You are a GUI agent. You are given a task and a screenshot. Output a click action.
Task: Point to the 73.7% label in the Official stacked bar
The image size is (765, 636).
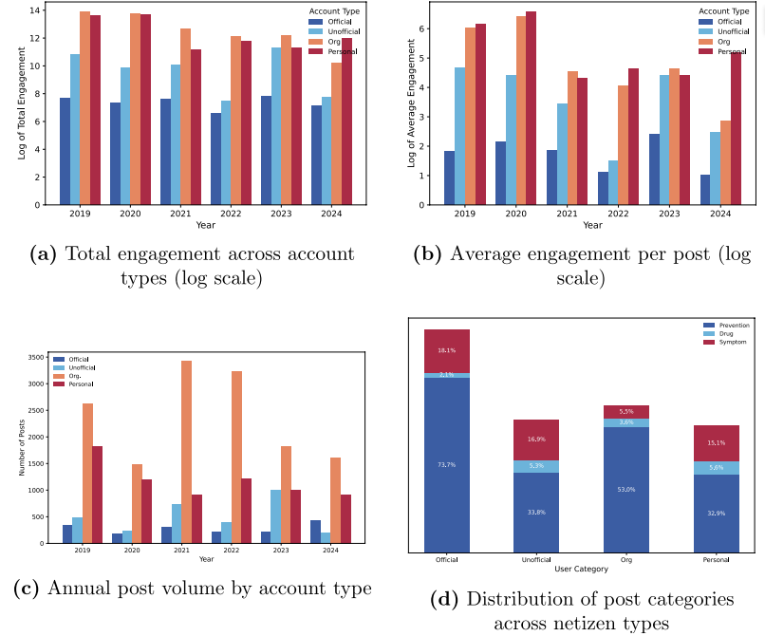click(x=447, y=465)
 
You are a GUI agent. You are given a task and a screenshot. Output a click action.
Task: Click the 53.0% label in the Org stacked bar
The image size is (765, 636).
click(x=626, y=490)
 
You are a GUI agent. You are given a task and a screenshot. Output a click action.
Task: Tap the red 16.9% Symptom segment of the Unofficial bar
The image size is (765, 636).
click(x=536, y=440)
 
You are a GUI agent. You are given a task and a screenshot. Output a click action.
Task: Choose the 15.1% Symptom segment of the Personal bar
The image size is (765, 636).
click(x=717, y=443)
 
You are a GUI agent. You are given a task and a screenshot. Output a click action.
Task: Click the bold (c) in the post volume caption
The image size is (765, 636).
click(x=27, y=589)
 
